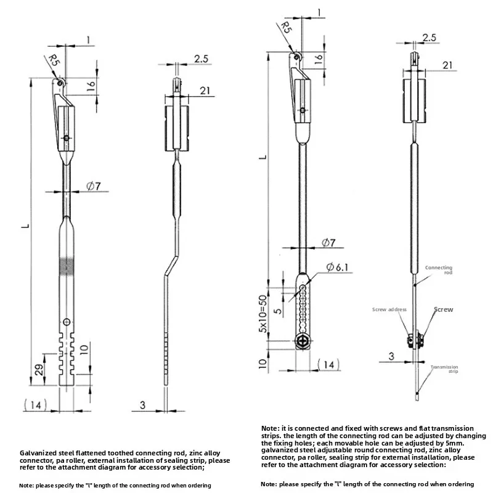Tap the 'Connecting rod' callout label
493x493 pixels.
(439, 270)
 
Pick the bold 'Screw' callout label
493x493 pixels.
(443, 309)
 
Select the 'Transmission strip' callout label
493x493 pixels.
(444, 369)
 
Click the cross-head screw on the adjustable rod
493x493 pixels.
(301, 341)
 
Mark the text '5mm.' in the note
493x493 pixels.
(462, 443)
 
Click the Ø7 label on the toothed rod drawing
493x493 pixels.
(93, 185)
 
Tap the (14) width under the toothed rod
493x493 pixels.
(34, 405)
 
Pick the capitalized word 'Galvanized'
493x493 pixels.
(38, 452)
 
